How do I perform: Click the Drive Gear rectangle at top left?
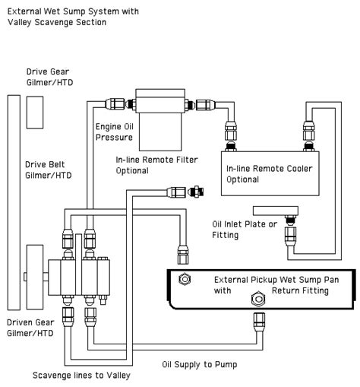click(35, 113)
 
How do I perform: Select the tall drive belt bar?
click(14, 202)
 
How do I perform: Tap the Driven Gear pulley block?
click(35, 277)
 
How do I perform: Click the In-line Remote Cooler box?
click(270, 173)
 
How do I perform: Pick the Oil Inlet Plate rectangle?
click(276, 211)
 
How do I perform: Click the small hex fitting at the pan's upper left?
click(185, 279)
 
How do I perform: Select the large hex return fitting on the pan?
click(258, 299)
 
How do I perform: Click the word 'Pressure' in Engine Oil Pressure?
click(114, 138)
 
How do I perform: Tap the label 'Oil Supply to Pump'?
click(200, 365)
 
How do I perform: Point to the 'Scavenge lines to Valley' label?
click(81, 376)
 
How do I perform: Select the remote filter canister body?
click(160, 132)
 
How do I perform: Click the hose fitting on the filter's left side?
click(115, 104)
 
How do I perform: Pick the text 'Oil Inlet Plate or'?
click(245, 224)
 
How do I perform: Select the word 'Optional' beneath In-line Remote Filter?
click(132, 170)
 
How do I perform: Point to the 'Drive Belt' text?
click(45, 164)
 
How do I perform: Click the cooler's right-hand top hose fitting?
click(308, 131)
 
